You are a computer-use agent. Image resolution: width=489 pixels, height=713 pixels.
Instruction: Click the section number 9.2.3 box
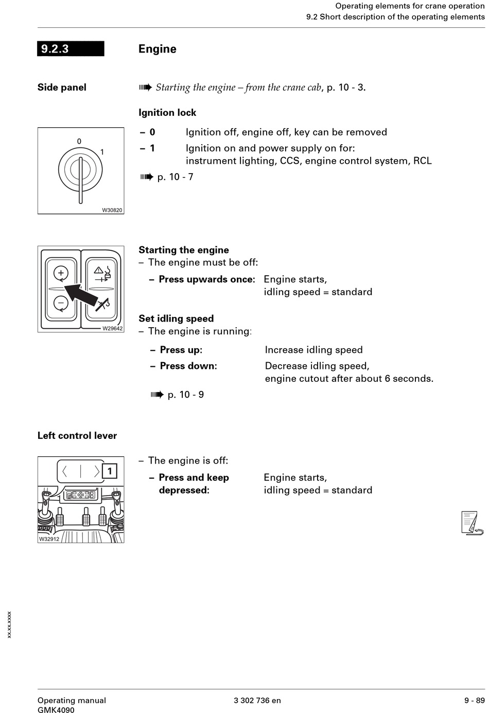71,49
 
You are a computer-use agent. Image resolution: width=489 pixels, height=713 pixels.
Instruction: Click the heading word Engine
157,49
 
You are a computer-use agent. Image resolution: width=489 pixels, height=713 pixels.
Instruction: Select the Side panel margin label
62,87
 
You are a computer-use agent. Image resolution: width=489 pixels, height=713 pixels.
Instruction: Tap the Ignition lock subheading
167,112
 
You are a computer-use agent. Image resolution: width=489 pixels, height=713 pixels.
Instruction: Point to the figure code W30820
112,210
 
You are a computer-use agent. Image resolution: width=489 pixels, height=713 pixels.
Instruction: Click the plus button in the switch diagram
61,273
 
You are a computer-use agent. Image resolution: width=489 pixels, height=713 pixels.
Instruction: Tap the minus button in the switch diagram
61,303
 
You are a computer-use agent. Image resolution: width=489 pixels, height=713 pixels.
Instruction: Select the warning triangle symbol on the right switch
98,270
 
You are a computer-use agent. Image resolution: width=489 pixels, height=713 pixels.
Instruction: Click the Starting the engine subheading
184,250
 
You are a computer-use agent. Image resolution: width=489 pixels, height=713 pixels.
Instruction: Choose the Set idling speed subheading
176,318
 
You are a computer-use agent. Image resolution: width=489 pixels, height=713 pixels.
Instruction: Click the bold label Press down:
188,366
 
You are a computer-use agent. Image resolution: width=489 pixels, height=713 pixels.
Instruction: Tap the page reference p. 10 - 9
185,395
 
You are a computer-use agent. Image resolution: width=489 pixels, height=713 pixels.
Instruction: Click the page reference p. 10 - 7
175,177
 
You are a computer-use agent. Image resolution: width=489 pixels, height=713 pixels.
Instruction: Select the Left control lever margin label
77,435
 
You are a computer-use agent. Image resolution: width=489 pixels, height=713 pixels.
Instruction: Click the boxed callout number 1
110,471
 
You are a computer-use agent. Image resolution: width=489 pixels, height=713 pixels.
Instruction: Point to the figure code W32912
49,539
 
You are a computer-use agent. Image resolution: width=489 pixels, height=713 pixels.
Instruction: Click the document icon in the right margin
471,523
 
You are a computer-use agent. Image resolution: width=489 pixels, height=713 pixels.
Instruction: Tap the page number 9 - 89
474,700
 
